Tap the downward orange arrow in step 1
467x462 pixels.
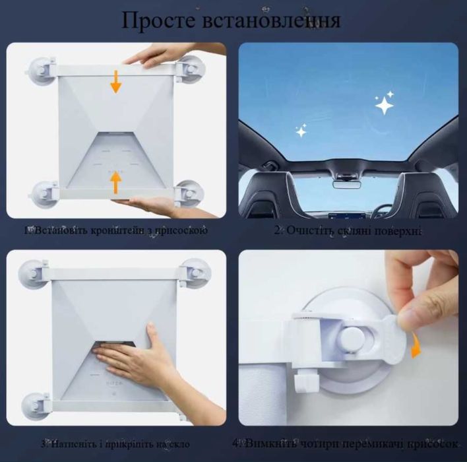(x=116, y=82)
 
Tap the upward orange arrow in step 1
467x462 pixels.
(x=116, y=182)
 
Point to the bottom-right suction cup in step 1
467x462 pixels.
(x=190, y=193)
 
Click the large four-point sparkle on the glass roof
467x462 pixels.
(x=384, y=103)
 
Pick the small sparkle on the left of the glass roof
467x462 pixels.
(x=301, y=131)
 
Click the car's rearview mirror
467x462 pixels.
(x=345, y=183)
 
